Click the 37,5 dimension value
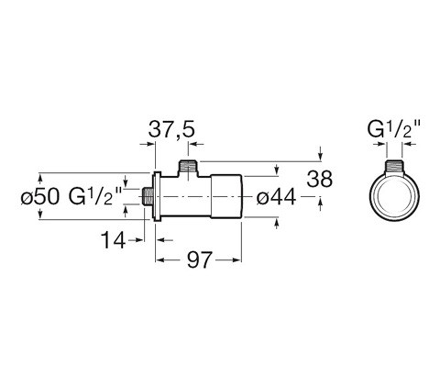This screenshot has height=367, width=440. click(x=172, y=130)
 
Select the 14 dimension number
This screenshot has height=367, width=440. click(x=113, y=240)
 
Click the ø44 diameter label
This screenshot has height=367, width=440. click(x=276, y=197)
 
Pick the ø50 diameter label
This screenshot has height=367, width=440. click(x=40, y=197)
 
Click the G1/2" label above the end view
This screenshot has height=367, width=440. click(x=393, y=129)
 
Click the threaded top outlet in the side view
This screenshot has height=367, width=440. click(x=188, y=168)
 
